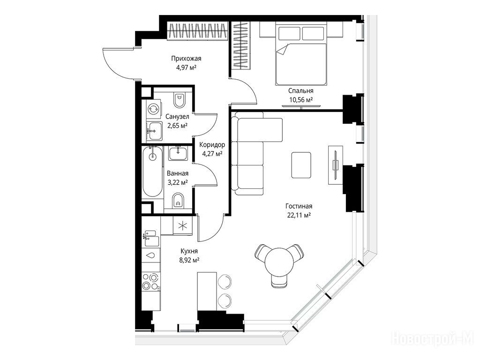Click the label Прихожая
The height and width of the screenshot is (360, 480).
tap(186, 58)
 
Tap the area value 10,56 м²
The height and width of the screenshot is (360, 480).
tap(300, 99)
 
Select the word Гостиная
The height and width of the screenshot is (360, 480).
tap(299, 206)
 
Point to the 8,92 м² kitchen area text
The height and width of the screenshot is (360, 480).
tap(189, 260)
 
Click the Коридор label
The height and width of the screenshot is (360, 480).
tap(212, 144)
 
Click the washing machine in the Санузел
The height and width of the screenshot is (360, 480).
tap(153, 108)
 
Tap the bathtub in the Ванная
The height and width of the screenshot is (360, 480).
tap(152, 172)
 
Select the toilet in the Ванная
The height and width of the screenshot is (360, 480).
tap(178, 201)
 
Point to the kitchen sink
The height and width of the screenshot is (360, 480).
tap(151, 239)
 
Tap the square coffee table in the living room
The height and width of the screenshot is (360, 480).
tap(301, 165)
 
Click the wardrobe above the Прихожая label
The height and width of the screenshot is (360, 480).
tap(198, 31)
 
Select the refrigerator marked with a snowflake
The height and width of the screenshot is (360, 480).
tap(182, 226)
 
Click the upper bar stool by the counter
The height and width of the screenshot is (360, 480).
tap(225, 281)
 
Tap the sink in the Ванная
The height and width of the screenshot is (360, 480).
tap(179, 153)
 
